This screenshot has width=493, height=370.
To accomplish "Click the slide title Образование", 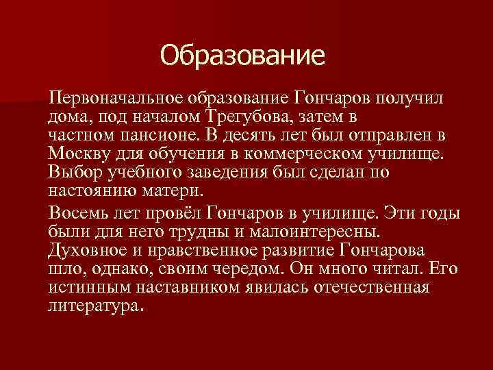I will [241, 56].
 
